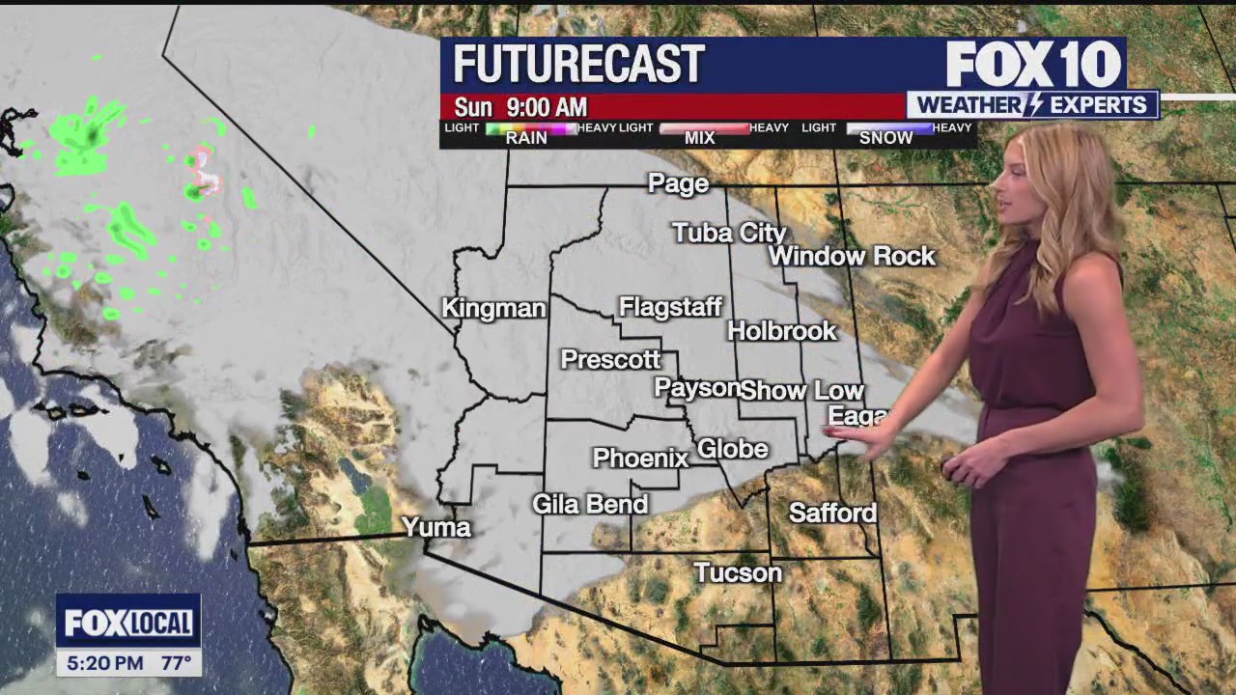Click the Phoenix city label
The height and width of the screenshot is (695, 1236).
tap(640, 459)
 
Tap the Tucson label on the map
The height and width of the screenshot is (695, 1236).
tap(738, 573)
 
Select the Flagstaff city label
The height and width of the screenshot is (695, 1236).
tap(670, 308)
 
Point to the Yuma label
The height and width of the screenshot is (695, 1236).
tap(435, 527)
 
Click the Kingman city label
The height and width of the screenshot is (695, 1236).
tap(493, 309)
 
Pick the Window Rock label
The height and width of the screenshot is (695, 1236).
tap(852, 257)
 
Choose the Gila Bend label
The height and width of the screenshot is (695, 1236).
tap(590, 504)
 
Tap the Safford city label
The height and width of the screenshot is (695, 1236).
tap(832, 513)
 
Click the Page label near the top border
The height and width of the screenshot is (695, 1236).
tap(678, 183)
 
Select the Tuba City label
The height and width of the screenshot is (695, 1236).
tap(729, 233)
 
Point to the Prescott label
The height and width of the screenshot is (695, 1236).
tap(610, 360)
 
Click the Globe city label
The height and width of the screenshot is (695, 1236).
tap(732, 449)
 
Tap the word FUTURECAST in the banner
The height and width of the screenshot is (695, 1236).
tap(578, 65)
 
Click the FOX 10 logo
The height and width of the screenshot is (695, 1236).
tap(1033, 65)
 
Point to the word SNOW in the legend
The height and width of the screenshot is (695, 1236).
tap(885, 138)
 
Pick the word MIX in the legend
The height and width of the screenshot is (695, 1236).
tap(699, 138)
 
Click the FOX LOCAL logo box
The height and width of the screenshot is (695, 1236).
tap(128, 624)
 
